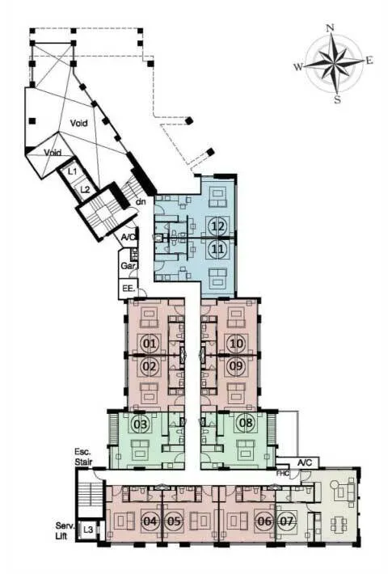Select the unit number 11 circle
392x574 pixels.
(217, 249)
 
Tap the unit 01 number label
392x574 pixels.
(150, 344)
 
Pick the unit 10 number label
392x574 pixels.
(237, 344)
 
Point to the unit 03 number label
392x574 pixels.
(141, 424)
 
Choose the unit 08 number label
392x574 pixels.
(246, 423)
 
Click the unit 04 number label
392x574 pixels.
(150, 521)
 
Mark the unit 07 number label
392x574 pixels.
(287, 521)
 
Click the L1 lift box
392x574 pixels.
(73, 171)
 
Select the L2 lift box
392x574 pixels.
(85, 189)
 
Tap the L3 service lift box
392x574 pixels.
(88, 529)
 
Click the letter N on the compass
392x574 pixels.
(330, 27)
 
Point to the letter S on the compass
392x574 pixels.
(337, 99)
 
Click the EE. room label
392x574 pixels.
(128, 289)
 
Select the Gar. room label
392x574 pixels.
(128, 266)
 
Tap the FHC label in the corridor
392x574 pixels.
(283, 473)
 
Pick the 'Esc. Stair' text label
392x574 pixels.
(83, 457)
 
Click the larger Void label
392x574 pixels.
(78, 123)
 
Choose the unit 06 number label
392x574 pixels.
(264, 521)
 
